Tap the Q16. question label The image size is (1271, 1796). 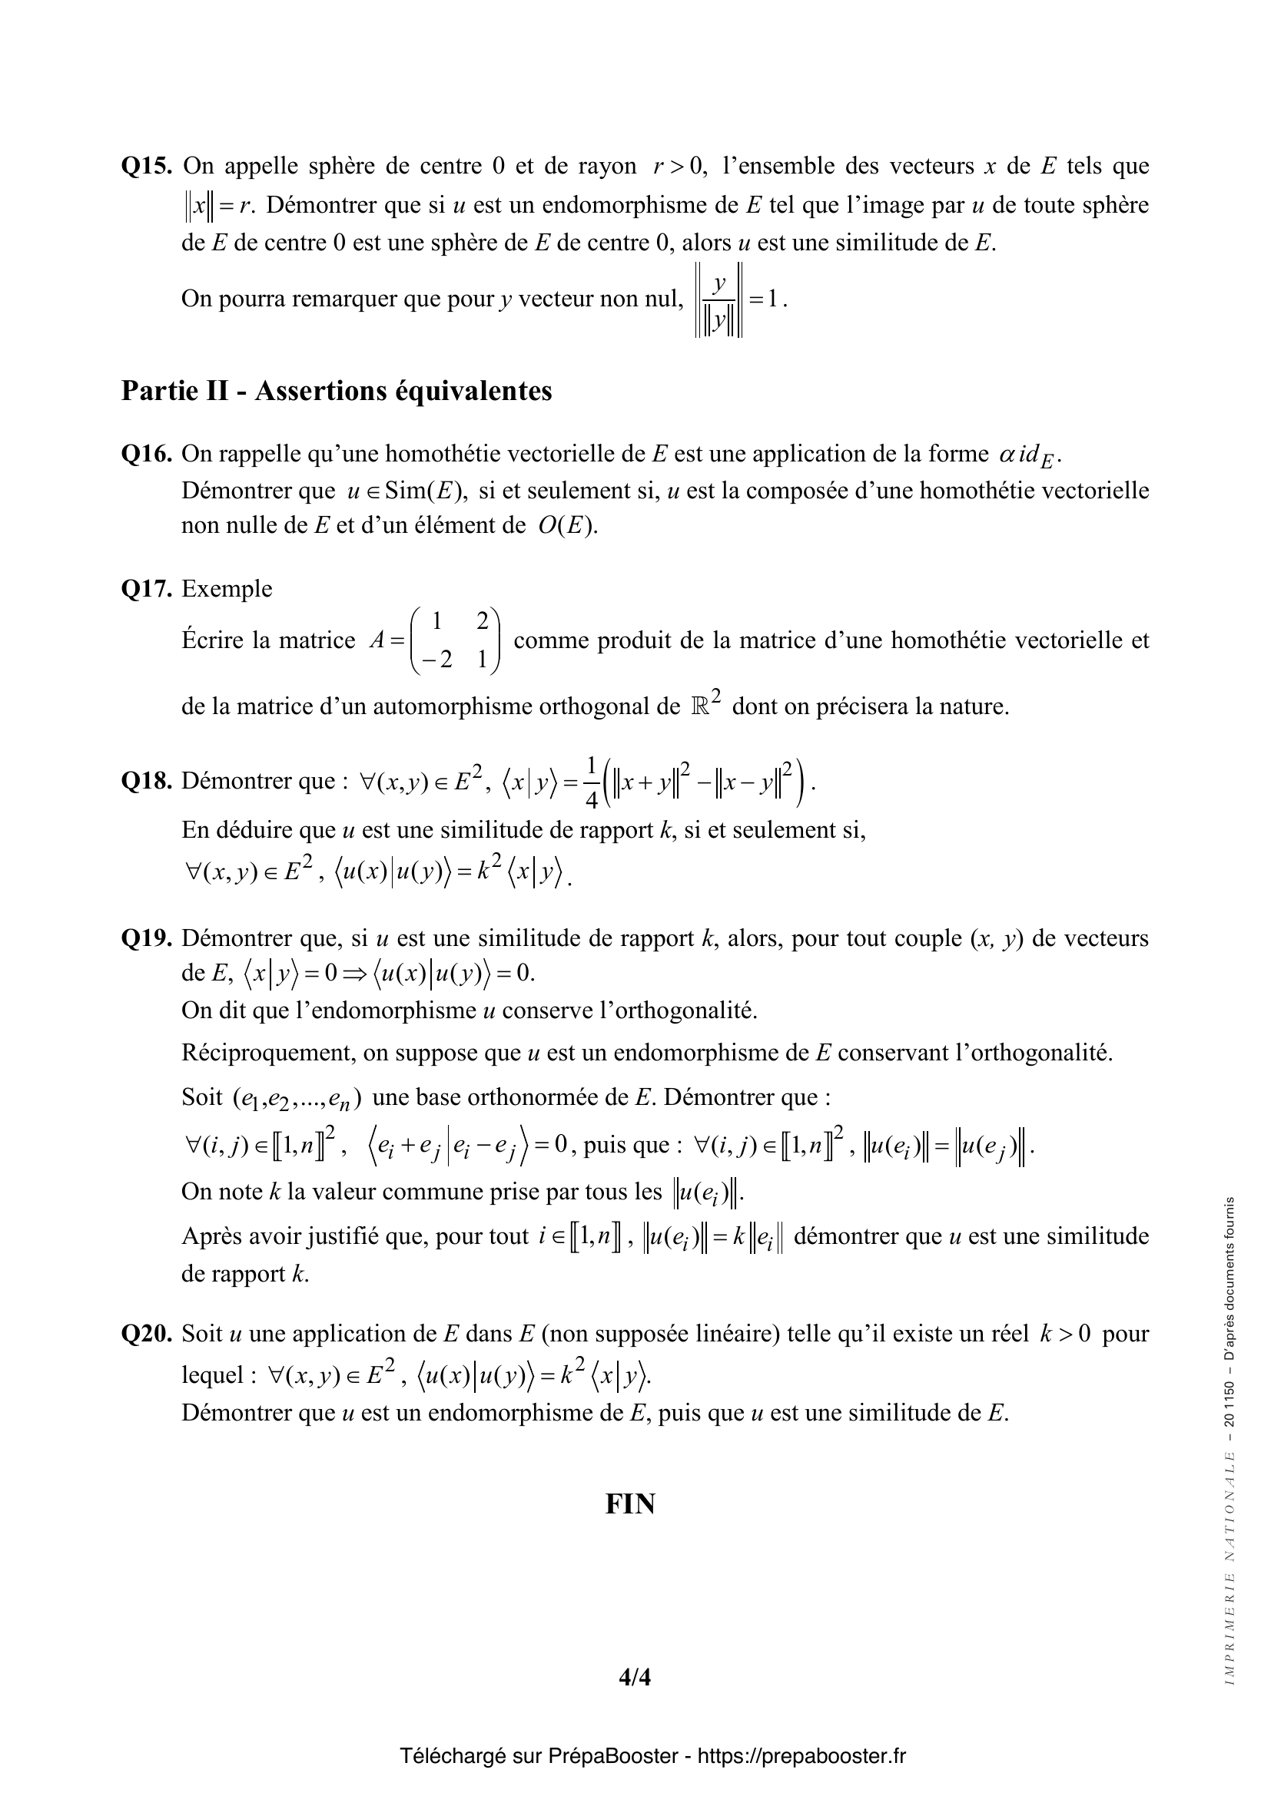click(x=146, y=454)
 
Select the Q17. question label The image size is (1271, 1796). click(x=146, y=588)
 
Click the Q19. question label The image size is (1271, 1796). click(x=146, y=938)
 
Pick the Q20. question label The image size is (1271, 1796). click(x=146, y=1334)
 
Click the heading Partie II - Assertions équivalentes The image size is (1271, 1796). click(x=337, y=390)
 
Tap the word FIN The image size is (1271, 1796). click(x=630, y=1504)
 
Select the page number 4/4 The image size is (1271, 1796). click(x=635, y=1677)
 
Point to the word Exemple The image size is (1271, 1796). click(x=227, y=588)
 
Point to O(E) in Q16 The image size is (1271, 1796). click(x=567, y=526)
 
